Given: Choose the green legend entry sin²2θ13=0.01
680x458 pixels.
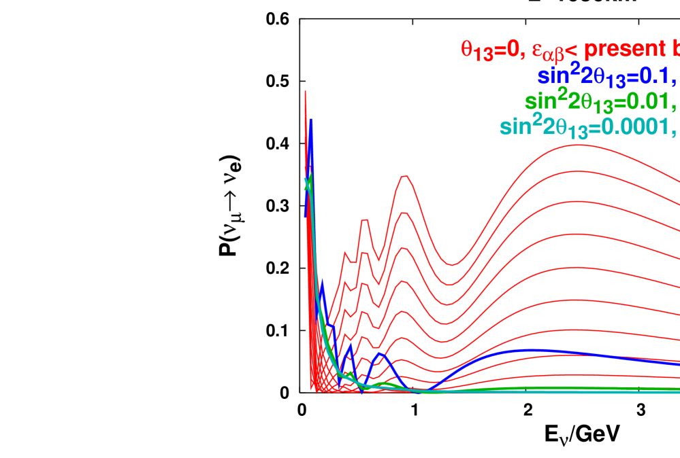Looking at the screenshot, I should (599, 102).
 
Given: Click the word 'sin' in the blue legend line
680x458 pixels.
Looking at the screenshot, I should (553, 75).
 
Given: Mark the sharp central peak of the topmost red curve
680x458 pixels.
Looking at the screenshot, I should (405, 177).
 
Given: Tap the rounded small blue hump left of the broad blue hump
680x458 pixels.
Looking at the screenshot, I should (382, 354).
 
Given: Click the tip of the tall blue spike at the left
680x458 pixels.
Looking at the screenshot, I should (310, 120).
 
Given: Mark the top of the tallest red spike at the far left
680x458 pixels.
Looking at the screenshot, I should (305, 91).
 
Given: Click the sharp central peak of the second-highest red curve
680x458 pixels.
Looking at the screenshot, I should (405, 213).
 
